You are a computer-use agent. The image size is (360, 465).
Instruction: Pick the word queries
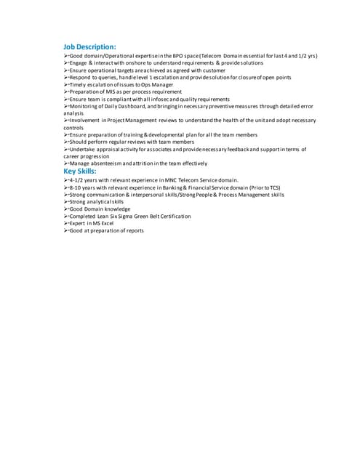coord(108,78)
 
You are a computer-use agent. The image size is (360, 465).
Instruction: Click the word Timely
coord(79,85)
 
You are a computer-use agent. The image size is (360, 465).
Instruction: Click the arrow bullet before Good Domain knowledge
coord(66,209)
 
